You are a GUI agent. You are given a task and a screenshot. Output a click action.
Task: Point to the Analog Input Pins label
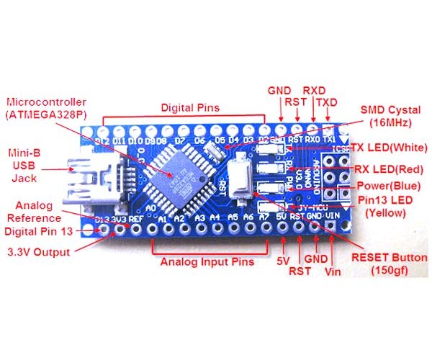[207, 261]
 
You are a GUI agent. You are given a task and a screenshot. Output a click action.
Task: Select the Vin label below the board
[332, 271]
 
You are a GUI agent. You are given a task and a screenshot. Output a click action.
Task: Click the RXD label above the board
[313, 91]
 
